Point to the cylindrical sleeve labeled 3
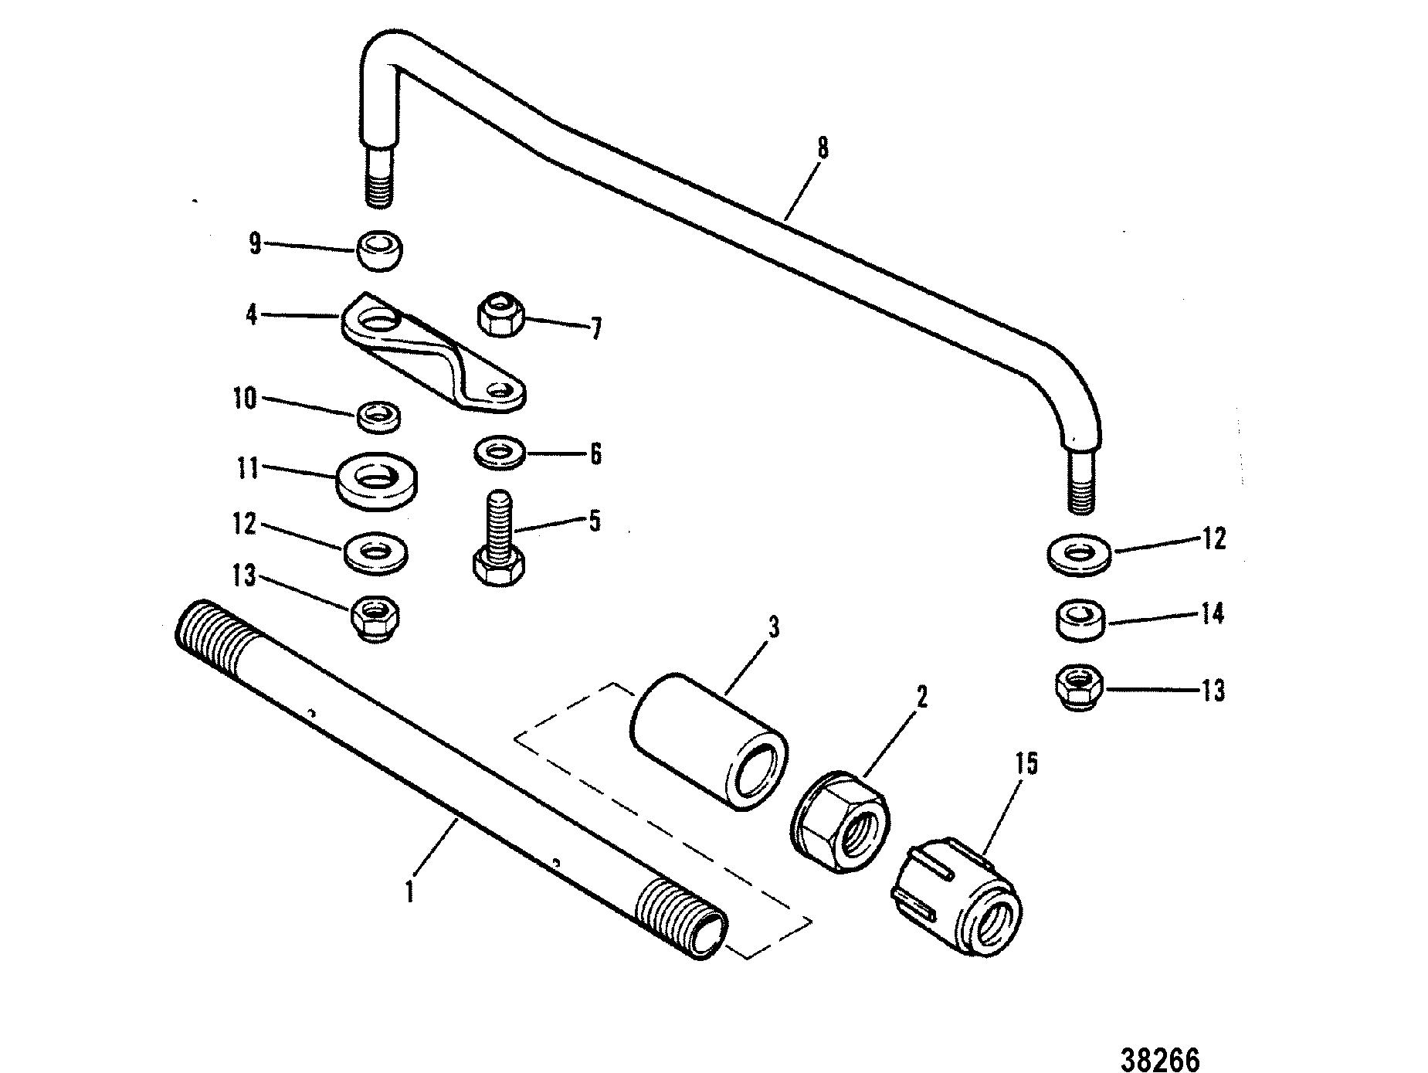coord(709,742)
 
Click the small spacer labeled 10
coord(379,416)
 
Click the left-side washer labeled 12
coord(376,552)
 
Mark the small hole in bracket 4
coord(505,392)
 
